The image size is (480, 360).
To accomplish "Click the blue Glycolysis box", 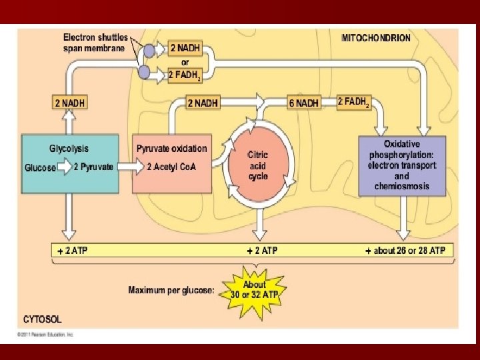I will [x=70, y=164].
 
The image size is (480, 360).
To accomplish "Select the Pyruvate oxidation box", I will [x=172, y=164].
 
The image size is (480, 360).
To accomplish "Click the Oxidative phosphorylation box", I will [x=401, y=165].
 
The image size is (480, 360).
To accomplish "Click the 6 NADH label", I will [x=303, y=103].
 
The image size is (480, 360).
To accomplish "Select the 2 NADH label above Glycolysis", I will [x=69, y=103].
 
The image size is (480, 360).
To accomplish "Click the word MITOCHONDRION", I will [x=376, y=38].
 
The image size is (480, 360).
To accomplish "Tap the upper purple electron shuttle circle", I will [x=149, y=51].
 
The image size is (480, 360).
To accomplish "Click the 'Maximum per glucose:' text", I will [x=171, y=290].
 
